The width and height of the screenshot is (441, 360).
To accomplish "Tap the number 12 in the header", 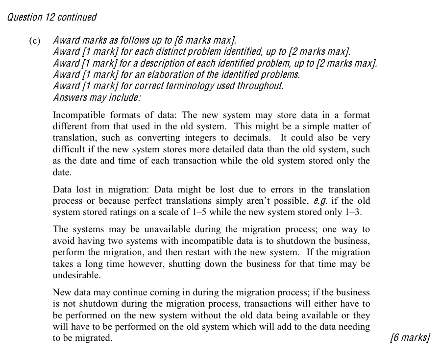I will [50, 18].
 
